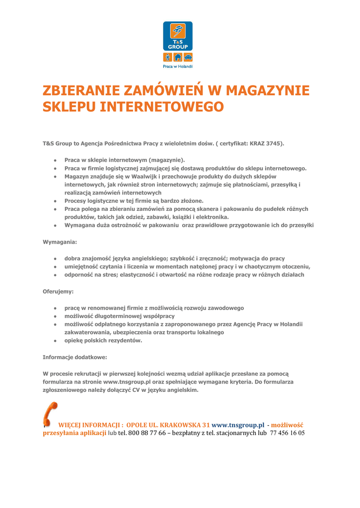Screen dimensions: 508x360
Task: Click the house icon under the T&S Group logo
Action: (178, 57)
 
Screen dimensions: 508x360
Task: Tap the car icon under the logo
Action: (187, 57)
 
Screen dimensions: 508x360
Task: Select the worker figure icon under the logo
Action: (168, 57)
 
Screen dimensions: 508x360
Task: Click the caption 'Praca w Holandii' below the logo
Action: (178, 66)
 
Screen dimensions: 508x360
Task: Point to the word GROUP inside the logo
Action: (178, 46)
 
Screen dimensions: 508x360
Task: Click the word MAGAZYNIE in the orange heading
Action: (268, 91)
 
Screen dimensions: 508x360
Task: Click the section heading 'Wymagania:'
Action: (60, 242)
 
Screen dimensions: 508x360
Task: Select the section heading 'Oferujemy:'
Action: (58, 291)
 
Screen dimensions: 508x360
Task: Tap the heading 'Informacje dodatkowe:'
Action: (75, 357)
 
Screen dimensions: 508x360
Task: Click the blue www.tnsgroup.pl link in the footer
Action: (238, 425)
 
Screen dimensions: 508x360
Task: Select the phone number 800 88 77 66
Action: (146, 433)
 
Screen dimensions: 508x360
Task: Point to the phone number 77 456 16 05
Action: (287, 433)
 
